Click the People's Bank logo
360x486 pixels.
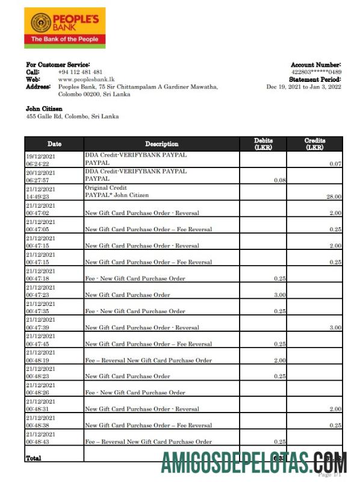(65, 28)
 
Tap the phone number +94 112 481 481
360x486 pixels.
(80, 72)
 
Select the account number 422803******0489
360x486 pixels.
(316, 72)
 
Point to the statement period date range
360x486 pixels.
(303, 87)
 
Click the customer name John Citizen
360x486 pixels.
(44, 109)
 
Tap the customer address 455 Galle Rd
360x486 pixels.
(72, 116)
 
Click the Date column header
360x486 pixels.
(54, 144)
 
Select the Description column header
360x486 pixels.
(161, 144)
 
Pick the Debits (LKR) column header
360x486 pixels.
(263, 144)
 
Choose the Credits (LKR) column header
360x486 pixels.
(315, 144)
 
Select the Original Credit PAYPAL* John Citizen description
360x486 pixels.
(117, 192)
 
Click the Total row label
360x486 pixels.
(34, 459)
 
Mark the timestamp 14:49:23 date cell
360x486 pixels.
(37, 196)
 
